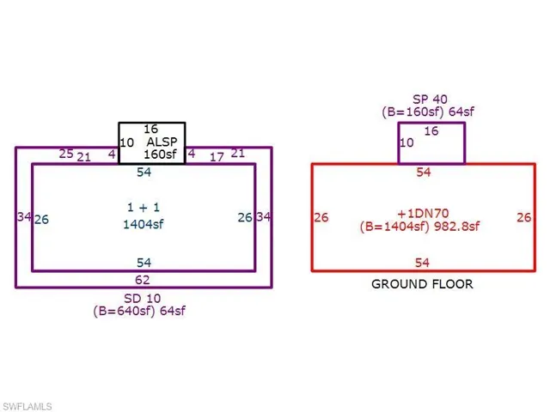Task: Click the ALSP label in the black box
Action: point(162,142)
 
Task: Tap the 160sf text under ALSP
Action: point(160,154)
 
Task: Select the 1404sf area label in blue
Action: point(144,224)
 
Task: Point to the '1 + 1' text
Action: point(144,208)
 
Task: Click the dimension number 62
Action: point(143,280)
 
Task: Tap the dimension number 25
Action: point(66,154)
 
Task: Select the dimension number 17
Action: point(217,157)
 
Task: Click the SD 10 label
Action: point(143,299)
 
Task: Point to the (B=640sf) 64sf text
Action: point(139,311)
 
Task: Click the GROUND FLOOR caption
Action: point(422,284)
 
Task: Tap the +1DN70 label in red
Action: point(423,214)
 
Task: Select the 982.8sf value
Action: point(456,227)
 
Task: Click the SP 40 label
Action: point(430,100)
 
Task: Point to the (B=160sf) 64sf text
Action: point(428,112)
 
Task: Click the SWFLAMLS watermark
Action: point(27,406)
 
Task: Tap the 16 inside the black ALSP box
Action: point(151,129)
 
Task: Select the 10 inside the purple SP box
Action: point(406,142)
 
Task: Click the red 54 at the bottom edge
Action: point(422,263)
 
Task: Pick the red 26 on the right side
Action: point(523,217)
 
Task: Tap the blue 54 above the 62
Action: point(144,263)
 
